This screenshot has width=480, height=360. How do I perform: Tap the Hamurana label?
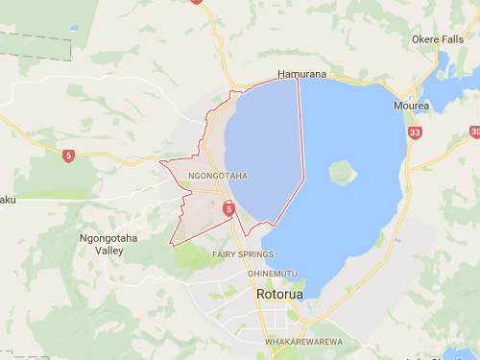[x=301, y=73]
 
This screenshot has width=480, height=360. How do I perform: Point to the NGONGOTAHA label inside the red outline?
[x=218, y=176]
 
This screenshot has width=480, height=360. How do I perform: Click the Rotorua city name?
[x=279, y=294]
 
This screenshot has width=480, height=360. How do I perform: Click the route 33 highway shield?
[x=414, y=132]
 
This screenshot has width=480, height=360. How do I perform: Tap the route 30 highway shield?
[x=475, y=132]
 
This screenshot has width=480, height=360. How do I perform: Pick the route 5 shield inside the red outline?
[x=228, y=207]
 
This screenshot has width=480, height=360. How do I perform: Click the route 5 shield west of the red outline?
[x=68, y=156]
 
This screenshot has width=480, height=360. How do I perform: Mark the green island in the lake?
[x=342, y=174]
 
